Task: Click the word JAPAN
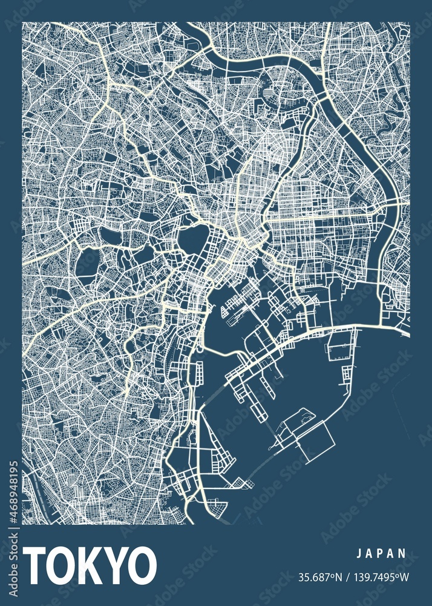[x=381, y=553]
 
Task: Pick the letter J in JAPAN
[x=359, y=553]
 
